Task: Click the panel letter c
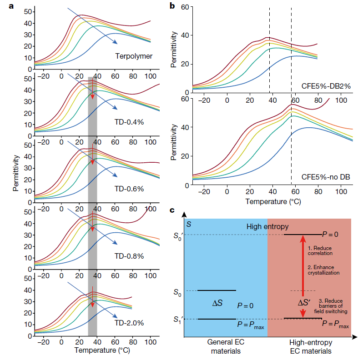pos(171,210)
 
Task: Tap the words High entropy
pos(267,226)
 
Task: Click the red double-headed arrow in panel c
pos(301,276)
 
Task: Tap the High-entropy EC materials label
pos(310,347)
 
